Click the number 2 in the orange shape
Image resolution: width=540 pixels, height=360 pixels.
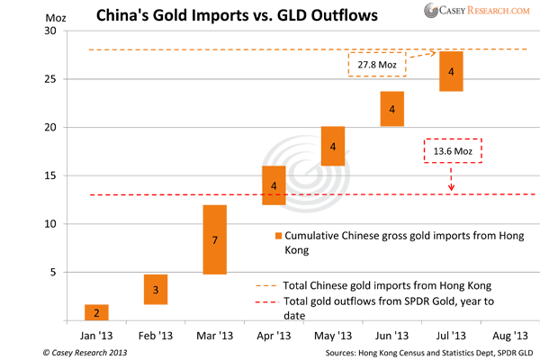pos(96,312)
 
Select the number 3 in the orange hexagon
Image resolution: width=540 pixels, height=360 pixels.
pos(155,290)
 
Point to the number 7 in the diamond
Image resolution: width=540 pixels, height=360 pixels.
pos(213,240)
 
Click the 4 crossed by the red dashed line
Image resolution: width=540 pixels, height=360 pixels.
pos(274,185)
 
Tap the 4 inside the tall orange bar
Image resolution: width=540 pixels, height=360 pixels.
pos(332,146)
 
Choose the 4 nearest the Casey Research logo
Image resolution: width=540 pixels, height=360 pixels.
pos(451,71)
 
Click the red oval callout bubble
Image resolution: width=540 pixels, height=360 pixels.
pos(452,149)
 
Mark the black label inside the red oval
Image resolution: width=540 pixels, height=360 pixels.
pos(452,149)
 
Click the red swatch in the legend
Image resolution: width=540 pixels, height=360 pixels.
pos(257,300)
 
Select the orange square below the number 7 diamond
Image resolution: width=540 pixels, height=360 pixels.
pos(214,283)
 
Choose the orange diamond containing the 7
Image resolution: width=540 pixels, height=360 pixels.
pos(213,240)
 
